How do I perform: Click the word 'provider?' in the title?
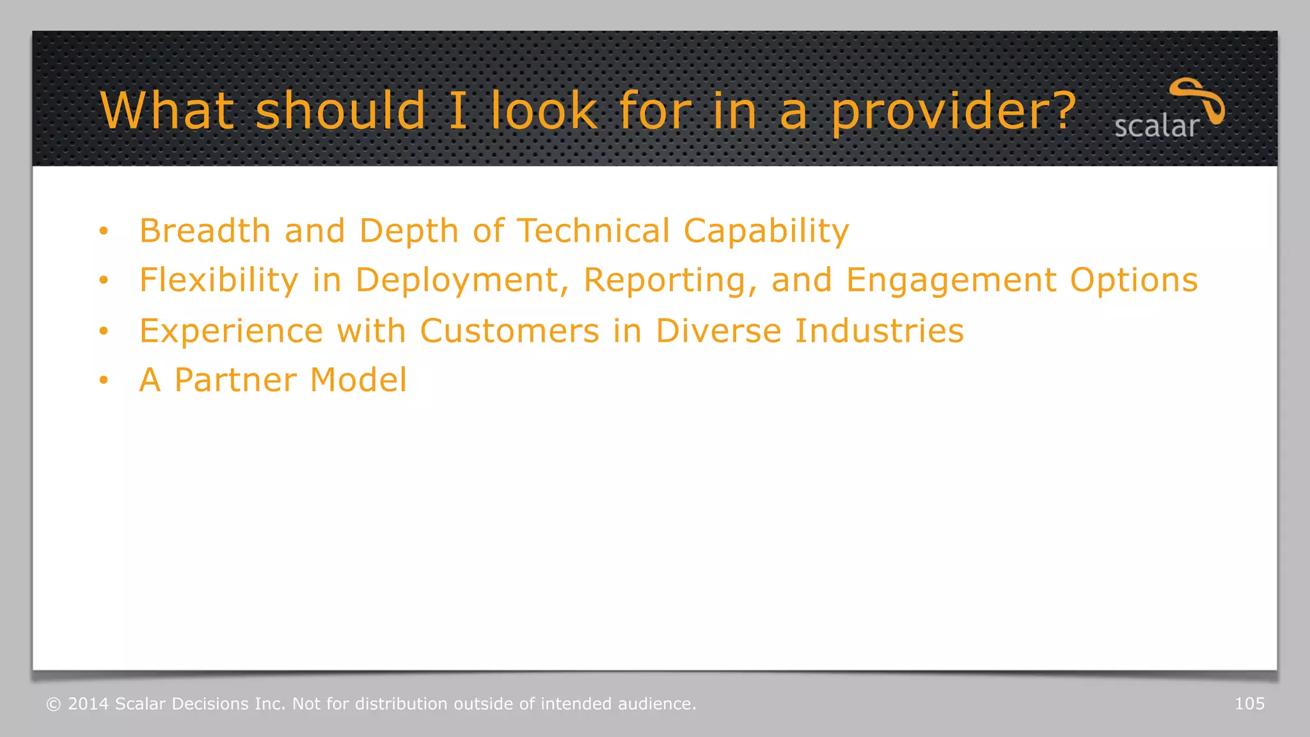coord(954,111)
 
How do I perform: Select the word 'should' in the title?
coord(340,111)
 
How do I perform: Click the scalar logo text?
coord(1156,127)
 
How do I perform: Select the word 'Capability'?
coord(766,232)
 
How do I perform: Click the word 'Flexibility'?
coord(219,281)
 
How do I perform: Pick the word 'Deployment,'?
coord(462,281)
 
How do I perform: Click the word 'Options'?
coord(1133,281)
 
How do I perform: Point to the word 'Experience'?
coord(231,331)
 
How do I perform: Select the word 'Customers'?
coord(509,331)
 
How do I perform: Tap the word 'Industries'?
coord(879,331)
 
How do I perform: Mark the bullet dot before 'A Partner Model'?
coord(104,381)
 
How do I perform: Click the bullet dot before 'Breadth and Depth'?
coord(104,231)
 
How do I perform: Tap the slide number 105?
coord(1249,704)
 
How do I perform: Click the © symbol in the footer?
coord(54,704)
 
